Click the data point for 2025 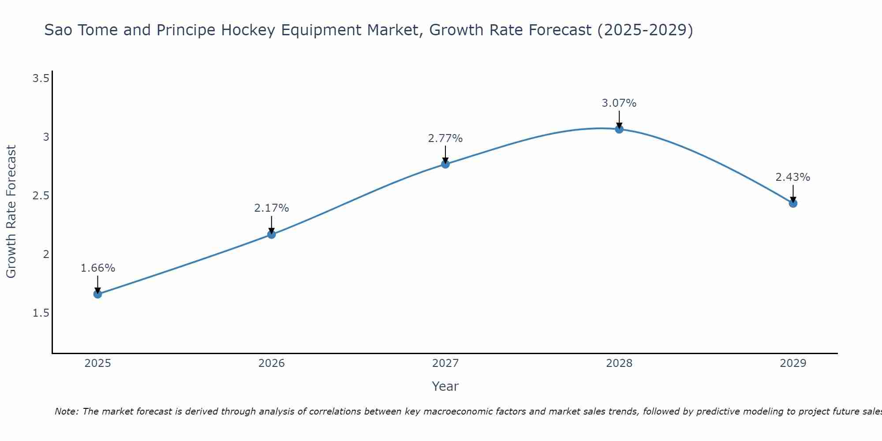coord(98,294)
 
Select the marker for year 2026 coord(272,234)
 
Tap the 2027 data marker coord(445,164)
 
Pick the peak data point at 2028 coord(619,129)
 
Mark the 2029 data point coord(793,203)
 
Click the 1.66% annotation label coord(98,268)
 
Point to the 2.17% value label coord(272,208)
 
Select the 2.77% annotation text coord(445,138)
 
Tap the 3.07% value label coord(619,103)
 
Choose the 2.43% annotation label coord(793,177)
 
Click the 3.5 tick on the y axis coord(41,78)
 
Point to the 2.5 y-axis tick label coord(41,196)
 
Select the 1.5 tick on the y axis coord(41,313)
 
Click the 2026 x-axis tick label coord(272,363)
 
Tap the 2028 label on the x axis coord(619,363)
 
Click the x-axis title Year coord(445,386)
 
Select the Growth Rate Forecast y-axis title coord(11,212)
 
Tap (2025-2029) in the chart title coord(645,30)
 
